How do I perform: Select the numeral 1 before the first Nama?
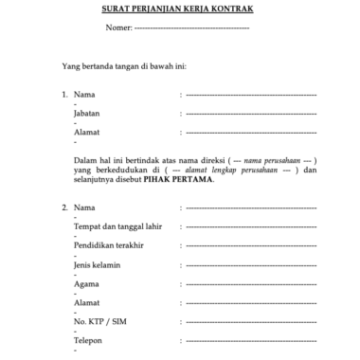tap(63, 96)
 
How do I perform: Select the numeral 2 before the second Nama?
tap(63, 207)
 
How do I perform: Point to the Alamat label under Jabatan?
tap(86, 133)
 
